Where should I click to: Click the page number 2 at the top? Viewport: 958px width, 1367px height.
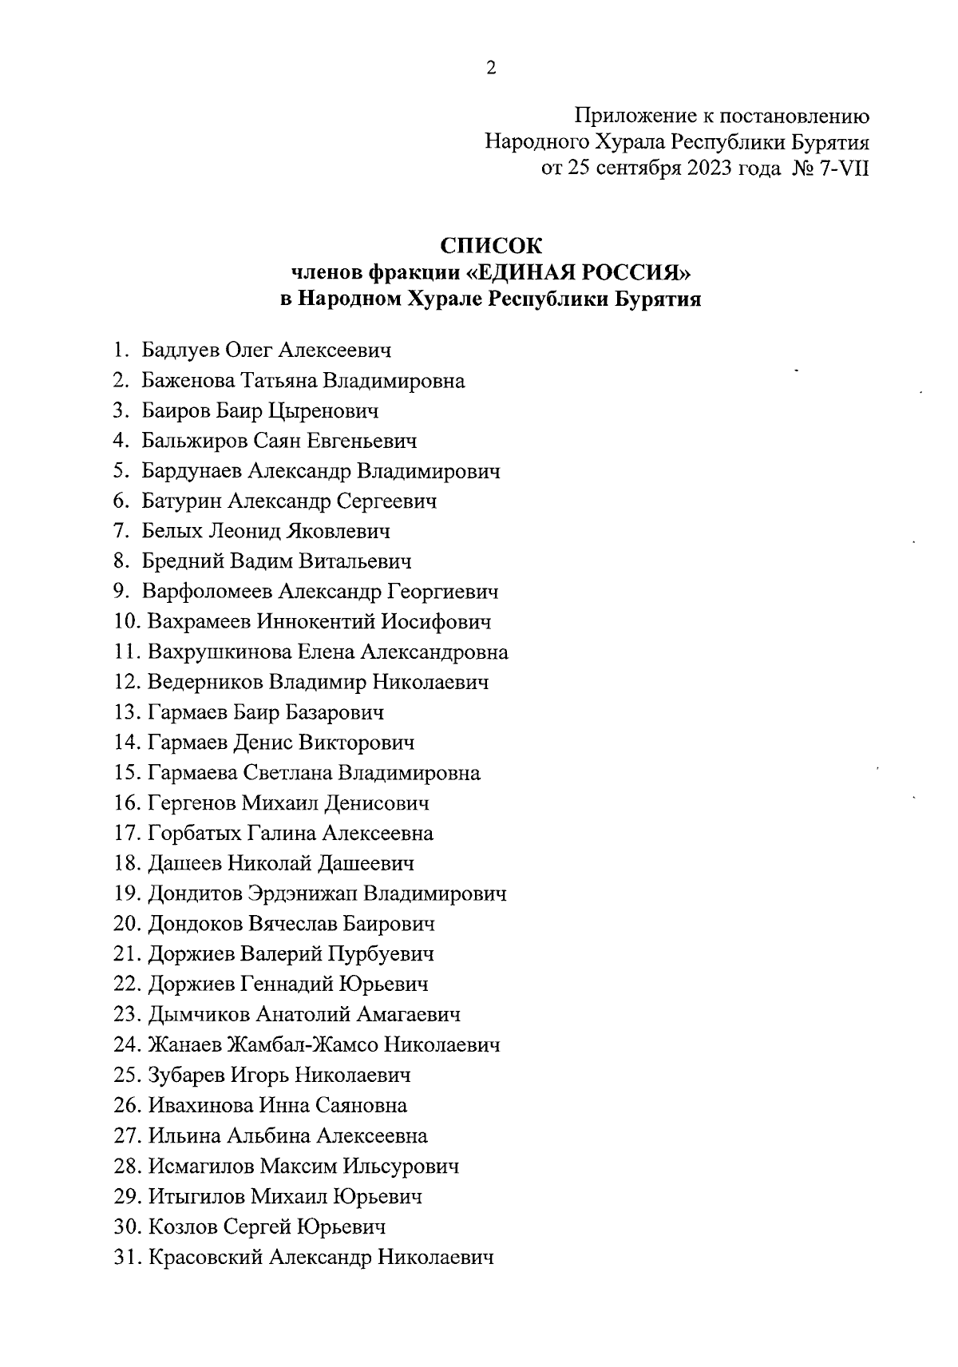(x=491, y=69)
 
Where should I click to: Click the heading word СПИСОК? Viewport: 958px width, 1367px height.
(x=491, y=245)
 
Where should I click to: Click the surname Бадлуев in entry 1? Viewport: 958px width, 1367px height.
(x=181, y=351)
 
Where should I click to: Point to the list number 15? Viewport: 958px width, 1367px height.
(x=128, y=774)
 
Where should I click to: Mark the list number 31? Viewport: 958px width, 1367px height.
(x=128, y=1258)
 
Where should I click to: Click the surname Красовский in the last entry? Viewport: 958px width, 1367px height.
(x=205, y=1258)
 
